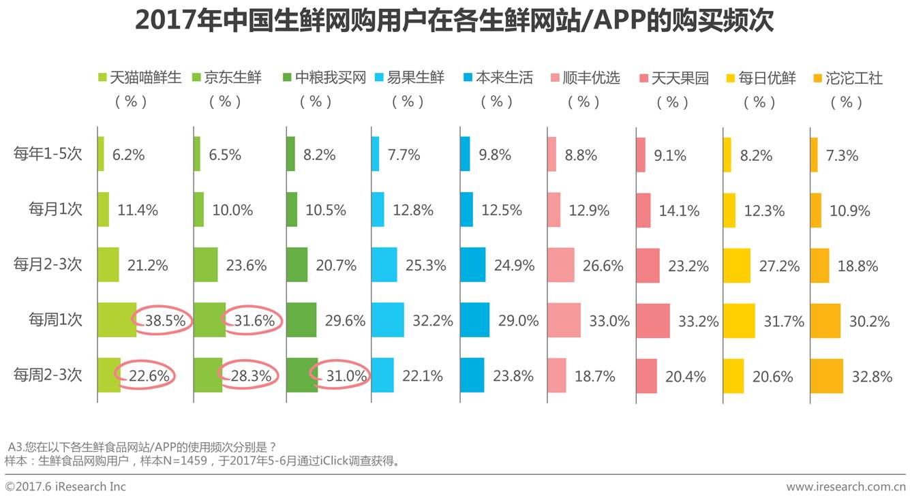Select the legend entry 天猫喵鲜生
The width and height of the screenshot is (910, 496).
pyautogui.click(x=145, y=78)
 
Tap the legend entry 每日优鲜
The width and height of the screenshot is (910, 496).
pyautogui.click(x=767, y=78)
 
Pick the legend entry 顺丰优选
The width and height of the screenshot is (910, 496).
pyautogui.click(x=591, y=78)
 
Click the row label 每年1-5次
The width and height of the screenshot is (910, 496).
pyautogui.click(x=48, y=154)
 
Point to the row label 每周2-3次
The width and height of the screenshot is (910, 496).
pyautogui.click(x=48, y=375)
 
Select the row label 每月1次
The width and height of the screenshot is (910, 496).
pyautogui.click(x=55, y=209)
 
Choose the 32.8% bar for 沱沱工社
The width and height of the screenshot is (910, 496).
pyautogui.click(x=826, y=375)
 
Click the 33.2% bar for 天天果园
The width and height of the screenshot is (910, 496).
pyautogui.click(x=652, y=320)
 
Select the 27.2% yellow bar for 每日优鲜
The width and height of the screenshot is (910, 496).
pyautogui.click(x=736, y=265)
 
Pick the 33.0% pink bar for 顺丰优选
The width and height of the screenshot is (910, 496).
pyautogui.click(x=564, y=320)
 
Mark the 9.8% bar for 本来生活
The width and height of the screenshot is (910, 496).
pyautogui.click(x=465, y=154)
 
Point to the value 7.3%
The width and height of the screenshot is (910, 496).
pyautogui.click(x=843, y=155)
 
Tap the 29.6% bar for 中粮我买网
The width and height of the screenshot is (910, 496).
pyautogui.click(x=301, y=320)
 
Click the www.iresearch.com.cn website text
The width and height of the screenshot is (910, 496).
pyautogui.click(x=846, y=486)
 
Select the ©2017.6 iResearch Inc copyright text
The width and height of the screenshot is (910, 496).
pyautogui.click(x=65, y=486)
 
